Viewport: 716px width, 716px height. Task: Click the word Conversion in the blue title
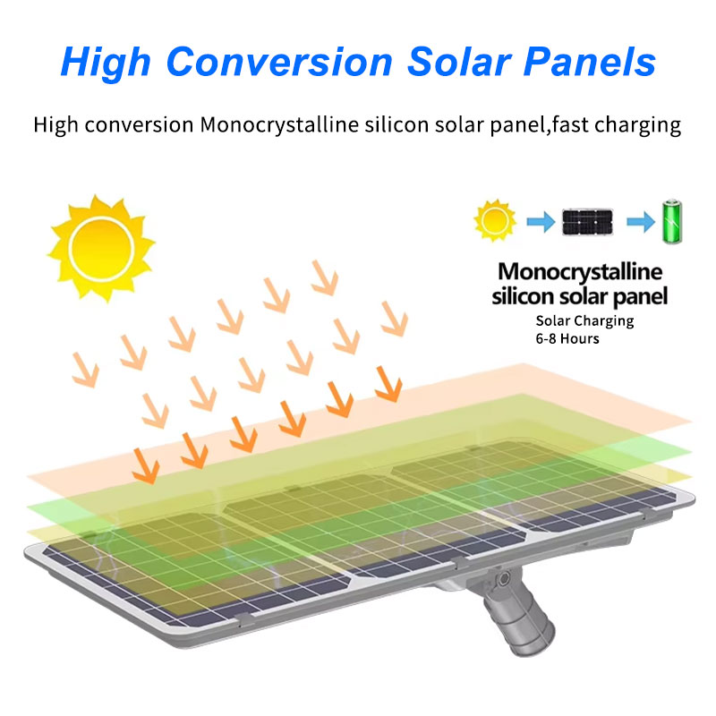click(x=279, y=62)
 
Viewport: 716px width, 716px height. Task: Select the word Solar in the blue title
click(x=459, y=62)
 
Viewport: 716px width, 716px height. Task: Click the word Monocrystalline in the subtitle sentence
click(x=279, y=125)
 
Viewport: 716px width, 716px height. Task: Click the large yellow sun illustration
click(x=101, y=249)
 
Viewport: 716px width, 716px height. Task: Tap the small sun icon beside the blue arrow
click(x=495, y=220)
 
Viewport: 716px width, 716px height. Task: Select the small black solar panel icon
click(x=588, y=221)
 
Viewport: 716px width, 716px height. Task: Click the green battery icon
click(x=672, y=221)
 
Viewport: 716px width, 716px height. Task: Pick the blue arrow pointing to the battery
click(x=641, y=222)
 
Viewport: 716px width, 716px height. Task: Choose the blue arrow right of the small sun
click(x=541, y=222)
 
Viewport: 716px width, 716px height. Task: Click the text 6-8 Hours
click(x=567, y=339)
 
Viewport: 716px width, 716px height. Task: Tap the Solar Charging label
click(x=584, y=321)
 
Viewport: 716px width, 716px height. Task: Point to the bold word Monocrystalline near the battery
click(x=580, y=272)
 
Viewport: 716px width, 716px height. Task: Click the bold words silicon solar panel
click(x=579, y=296)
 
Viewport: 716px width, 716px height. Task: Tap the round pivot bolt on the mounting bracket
click(x=504, y=578)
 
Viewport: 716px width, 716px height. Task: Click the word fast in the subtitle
click(x=570, y=124)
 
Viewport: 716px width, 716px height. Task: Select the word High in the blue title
click(x=106, y=63)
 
